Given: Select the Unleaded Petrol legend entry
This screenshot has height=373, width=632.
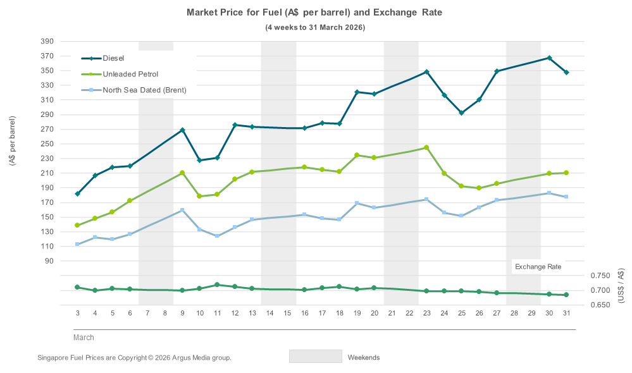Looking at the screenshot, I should tap(130, 74).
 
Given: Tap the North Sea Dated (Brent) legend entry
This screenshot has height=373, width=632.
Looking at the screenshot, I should tap(144, 90).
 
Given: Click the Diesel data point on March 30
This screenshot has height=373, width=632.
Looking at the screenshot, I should tap(549, 58).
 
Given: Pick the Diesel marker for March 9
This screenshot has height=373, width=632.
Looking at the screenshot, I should tap(182, 130).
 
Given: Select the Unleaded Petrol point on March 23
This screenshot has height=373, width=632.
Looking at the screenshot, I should tap(426, 148).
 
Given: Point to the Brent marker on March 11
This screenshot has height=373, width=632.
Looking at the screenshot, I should tap(217, 236).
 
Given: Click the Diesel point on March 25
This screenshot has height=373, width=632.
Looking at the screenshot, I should tap(462, 113).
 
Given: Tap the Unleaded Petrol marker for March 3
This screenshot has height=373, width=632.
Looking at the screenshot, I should tap(77, 225).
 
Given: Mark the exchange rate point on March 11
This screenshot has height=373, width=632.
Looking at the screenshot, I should tap(217, 285).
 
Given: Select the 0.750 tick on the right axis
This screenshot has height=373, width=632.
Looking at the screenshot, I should tap(600, 276).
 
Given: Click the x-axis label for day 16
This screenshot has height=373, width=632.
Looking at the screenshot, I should tap(304, 313).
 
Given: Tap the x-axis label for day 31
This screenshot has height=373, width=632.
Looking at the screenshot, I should tap(566, 313).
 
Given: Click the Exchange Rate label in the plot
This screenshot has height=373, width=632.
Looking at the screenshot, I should tap(538, 267).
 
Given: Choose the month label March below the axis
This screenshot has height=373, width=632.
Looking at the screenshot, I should tap(84, 338).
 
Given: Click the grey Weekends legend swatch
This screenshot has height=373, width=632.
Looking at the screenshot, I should tap(315, 357).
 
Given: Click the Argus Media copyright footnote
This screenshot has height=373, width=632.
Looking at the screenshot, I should tap(135, 358).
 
